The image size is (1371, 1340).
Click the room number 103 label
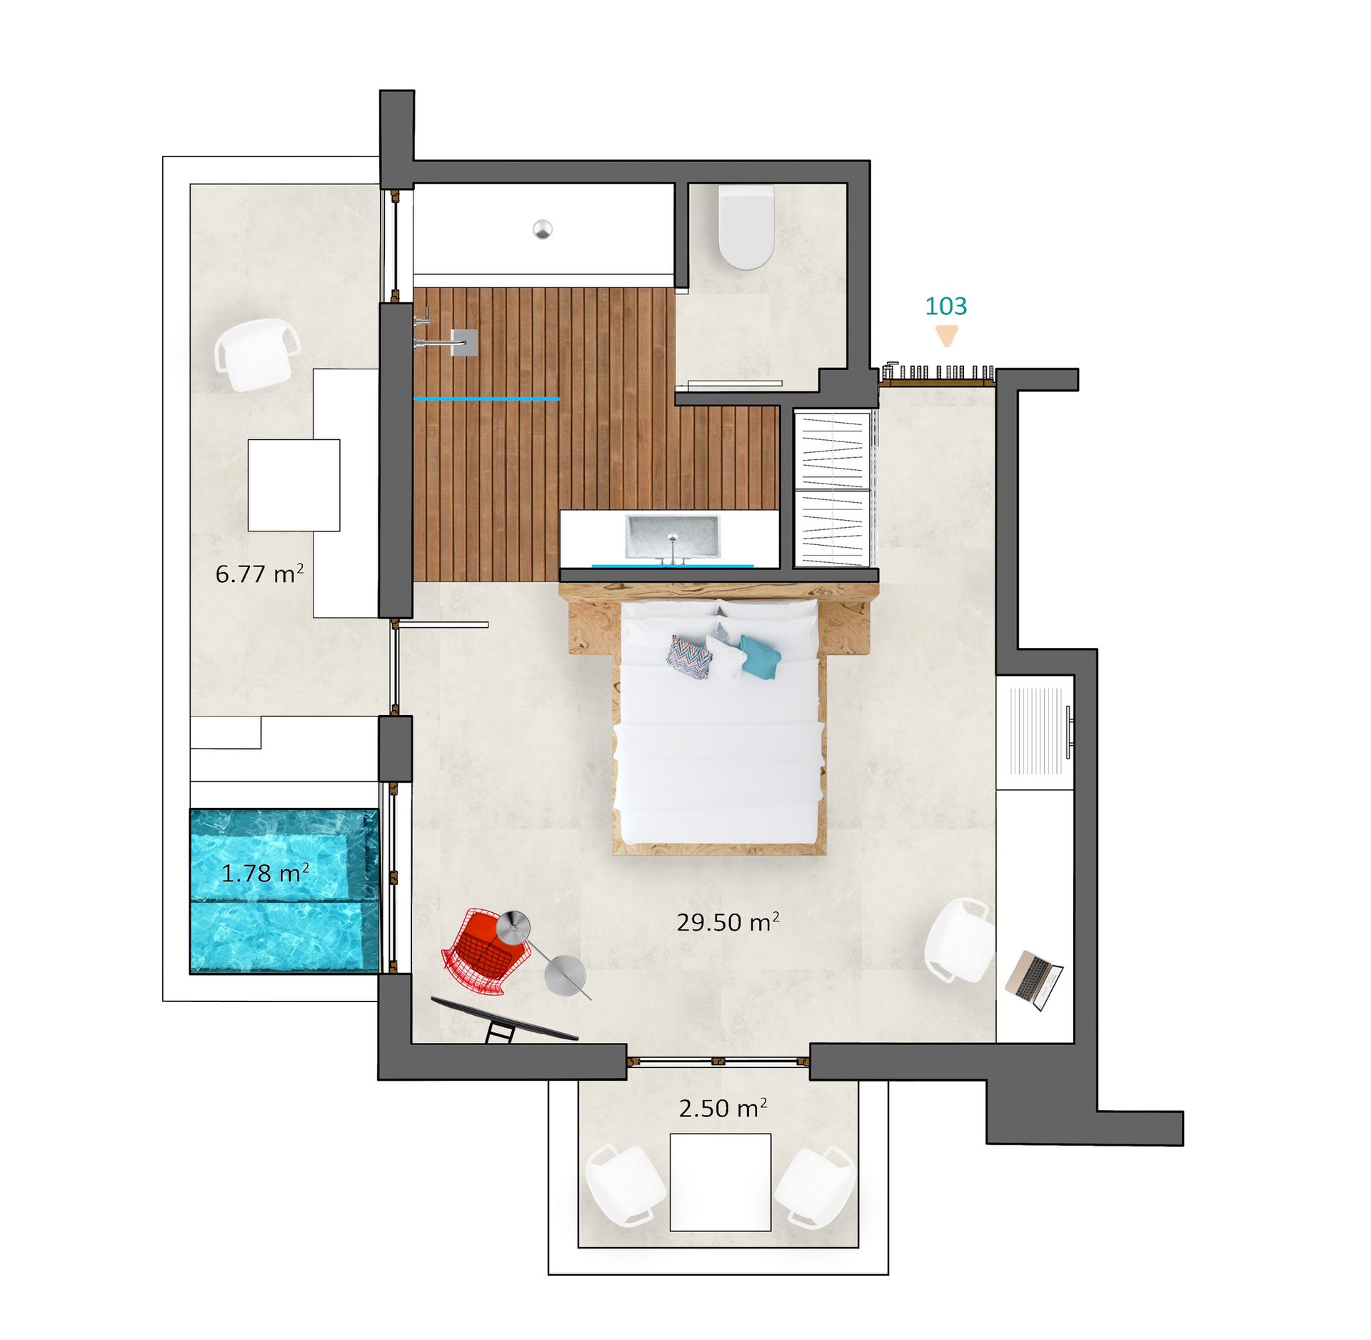pyautogui.click(x=945, y=306)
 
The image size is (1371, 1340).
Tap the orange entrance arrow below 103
pyautogui.click(x=947, y=335)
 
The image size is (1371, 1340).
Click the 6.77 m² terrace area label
pyautogui.click(x=259, y=573)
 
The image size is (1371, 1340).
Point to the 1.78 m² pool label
pyautogui.click(x=265, y=872)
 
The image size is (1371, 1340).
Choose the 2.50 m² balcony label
pyautogui.click(x=723, y=1107)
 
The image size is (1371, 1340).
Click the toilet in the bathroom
pyautogui.click(x=746, y=227)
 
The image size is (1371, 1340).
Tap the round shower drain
pyautogui.click(x=543, y=229)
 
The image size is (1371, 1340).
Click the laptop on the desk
pyautogui.click(x=1034, y=980)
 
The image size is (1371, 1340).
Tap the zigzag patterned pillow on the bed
pyautogui.click(x=690, y=657)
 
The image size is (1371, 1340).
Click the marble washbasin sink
pyautogui.click(x=673, y=536)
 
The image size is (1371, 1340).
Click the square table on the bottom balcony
pyautogui.click(x=720, y=1181)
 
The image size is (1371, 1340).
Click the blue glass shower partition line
pyautogui.click(x=486, y=399)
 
